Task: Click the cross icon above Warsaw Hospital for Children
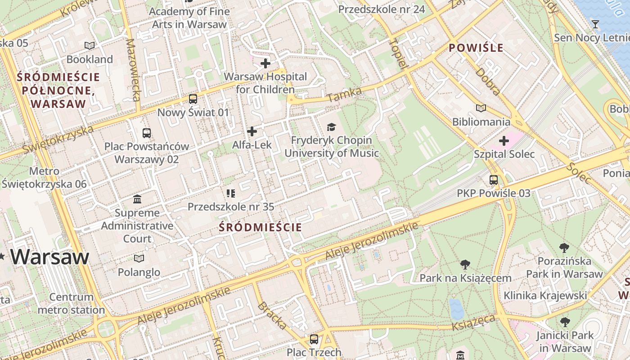tap(265, 63)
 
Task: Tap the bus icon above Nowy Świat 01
tap(193, 99)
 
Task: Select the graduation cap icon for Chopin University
tap(331, 127)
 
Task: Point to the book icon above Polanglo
tap(139, 258)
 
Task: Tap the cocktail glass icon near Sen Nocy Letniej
tap(595, 24)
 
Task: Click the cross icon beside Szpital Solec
tap(504, 141)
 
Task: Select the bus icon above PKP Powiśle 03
tap(494, 180)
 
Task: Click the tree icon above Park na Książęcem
tap(465, 265)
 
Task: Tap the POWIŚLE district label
tap(476, 48)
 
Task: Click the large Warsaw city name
tap(50, 256)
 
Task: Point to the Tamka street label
tap(344, 94)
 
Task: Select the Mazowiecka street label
tap(134, 70)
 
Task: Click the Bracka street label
tap(272, 315)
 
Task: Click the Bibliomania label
tap(481, 122)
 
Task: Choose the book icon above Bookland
tap(90, 45)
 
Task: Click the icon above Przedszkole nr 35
tap(231, 193)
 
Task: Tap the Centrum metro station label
tap(72, 303)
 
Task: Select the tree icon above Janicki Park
tap(565, 322)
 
